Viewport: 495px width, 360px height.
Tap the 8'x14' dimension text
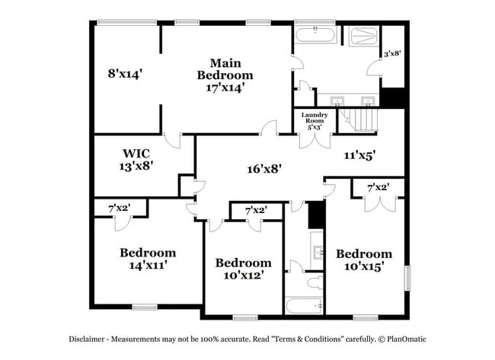[125, 74]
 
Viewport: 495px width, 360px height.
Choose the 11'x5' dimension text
[359, 155]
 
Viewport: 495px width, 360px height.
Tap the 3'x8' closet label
[391, 53]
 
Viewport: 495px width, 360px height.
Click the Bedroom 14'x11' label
[147, 258]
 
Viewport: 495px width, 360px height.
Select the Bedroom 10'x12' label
[243, 268]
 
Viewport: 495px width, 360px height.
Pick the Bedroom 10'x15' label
[364, 260]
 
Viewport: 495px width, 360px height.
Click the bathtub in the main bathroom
[314, 34]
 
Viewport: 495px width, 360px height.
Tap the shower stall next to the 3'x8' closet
[360, 37]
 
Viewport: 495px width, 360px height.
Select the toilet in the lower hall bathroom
[313, 283]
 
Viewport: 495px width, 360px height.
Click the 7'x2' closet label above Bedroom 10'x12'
[255, 210]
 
